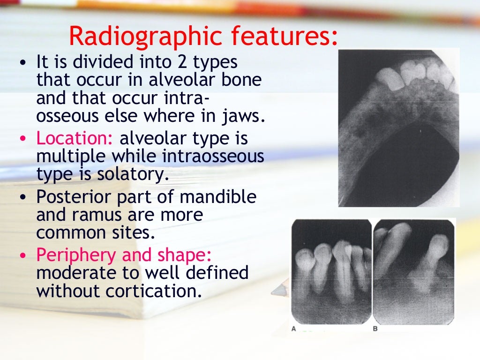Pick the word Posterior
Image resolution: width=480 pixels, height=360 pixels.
pos(73,196)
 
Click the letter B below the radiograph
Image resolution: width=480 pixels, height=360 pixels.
pos(375,329)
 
